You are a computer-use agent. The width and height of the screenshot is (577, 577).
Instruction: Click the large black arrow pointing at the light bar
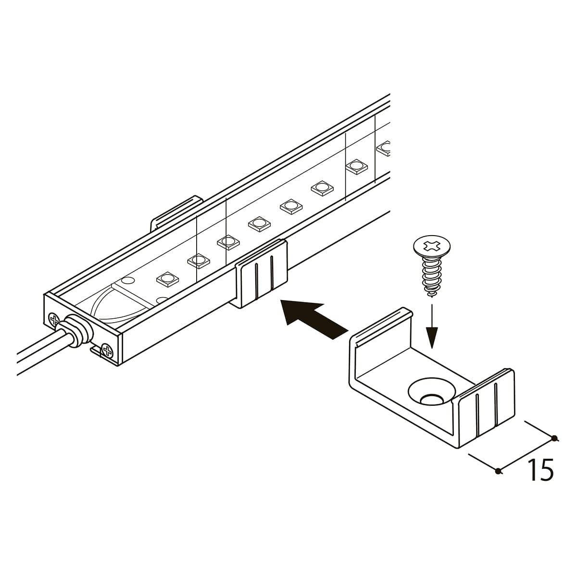314,320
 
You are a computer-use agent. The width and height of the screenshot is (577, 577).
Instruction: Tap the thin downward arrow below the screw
431,326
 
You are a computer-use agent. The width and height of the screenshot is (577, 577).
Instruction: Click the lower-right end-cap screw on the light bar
108,351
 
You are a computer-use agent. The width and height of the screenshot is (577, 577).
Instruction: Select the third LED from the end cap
228,242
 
